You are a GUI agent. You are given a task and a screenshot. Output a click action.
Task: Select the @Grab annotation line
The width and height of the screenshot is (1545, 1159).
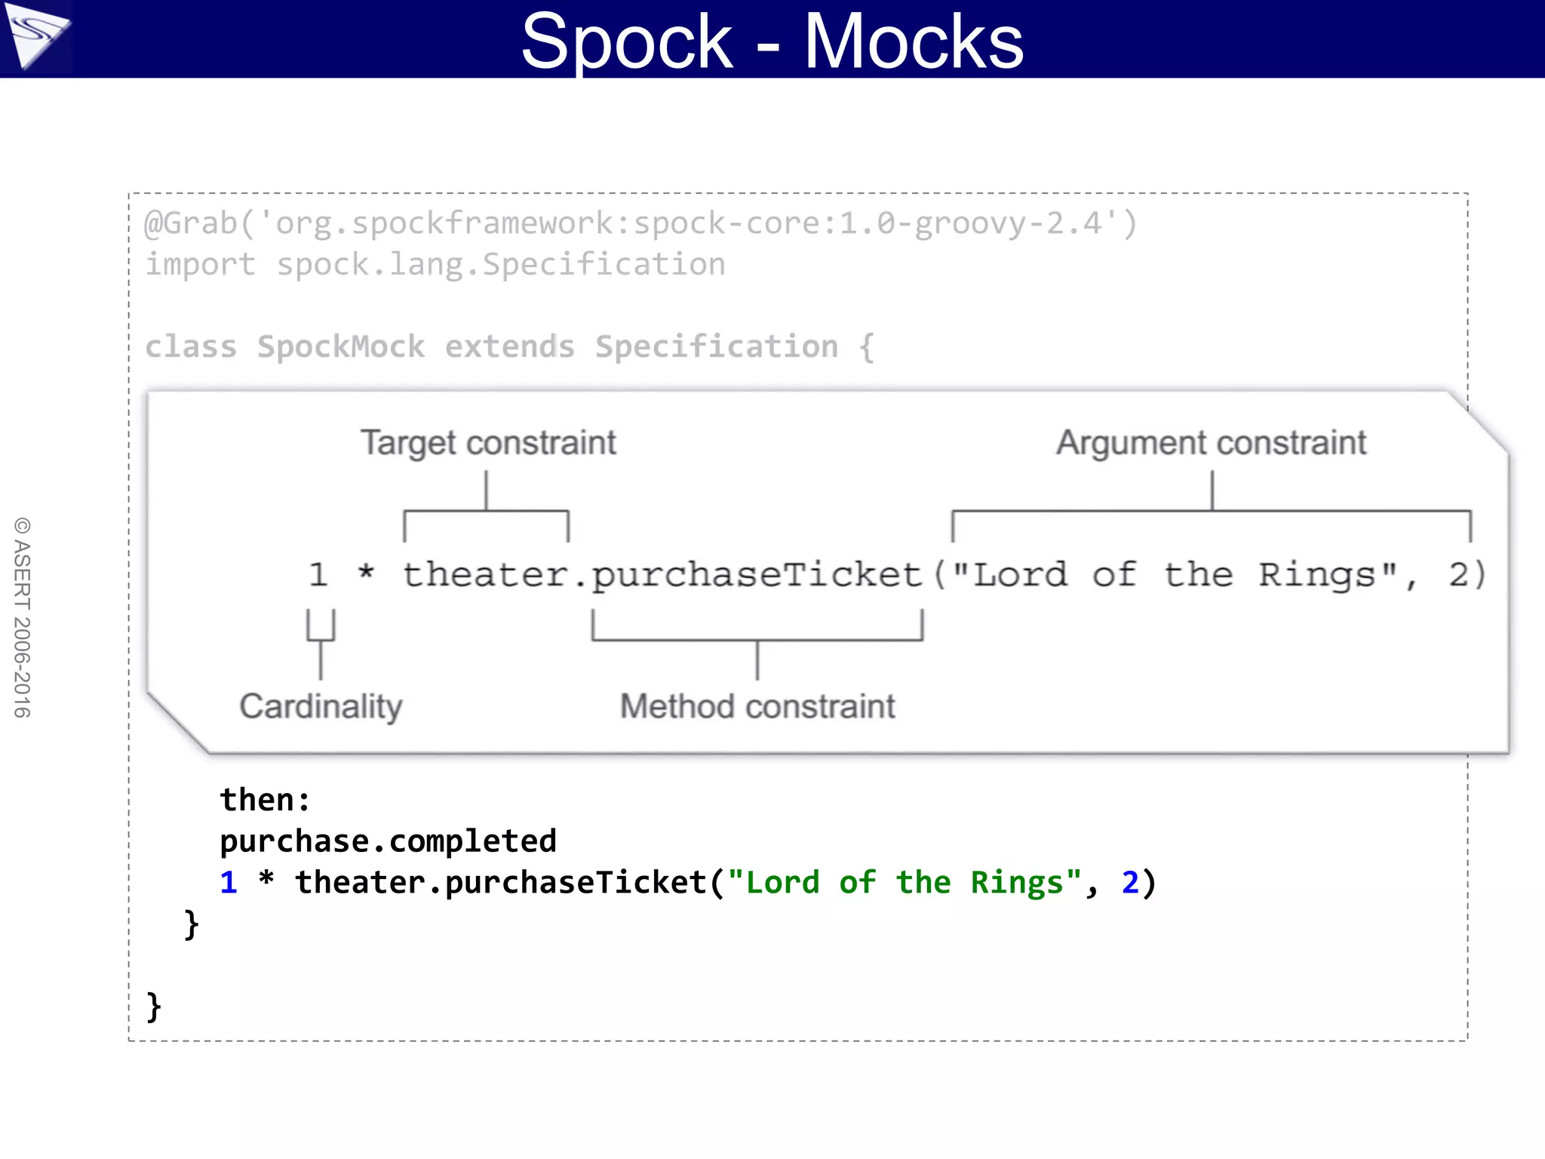pyautogui.click(x=640, y=223)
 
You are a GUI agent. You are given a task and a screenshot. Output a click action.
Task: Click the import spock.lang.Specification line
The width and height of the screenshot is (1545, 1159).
pyautogui.click(x=435, y=265)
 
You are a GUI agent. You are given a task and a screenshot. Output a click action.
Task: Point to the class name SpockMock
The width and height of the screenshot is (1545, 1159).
pyautogui.click(x=341, y=347)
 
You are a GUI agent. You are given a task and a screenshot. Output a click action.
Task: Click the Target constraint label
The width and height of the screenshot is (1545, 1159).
pyautogui.click(x=488, y=443)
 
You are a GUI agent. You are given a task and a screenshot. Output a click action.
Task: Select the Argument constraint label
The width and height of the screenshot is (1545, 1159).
pyautogui.click(x=1211, y=443)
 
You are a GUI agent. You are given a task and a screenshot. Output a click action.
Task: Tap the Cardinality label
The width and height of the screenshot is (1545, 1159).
pyautogui.click(x=321, y=706)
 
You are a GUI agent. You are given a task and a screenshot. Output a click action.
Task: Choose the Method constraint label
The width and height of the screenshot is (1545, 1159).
pyautogui.click(x=757, y=706)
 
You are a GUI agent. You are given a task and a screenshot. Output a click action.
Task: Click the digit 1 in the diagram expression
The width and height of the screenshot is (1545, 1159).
pyautogui.click(x=318, y=575)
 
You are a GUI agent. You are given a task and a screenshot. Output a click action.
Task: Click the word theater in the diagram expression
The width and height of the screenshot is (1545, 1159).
pyautogui.click(x=485, y=575)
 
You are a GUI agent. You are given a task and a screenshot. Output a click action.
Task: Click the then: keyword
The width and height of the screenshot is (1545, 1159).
pyautogui.click(x=265, y=800)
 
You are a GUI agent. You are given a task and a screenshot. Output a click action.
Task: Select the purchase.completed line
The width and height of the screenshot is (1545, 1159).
pyautogui.click(x=388, y=841)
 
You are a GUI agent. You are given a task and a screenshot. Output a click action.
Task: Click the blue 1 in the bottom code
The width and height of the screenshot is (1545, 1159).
pyautogui.click(x=229, y=883)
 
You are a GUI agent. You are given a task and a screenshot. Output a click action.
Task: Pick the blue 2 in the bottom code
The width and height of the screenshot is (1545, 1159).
pyautogui.click(x=1129, y=883)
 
